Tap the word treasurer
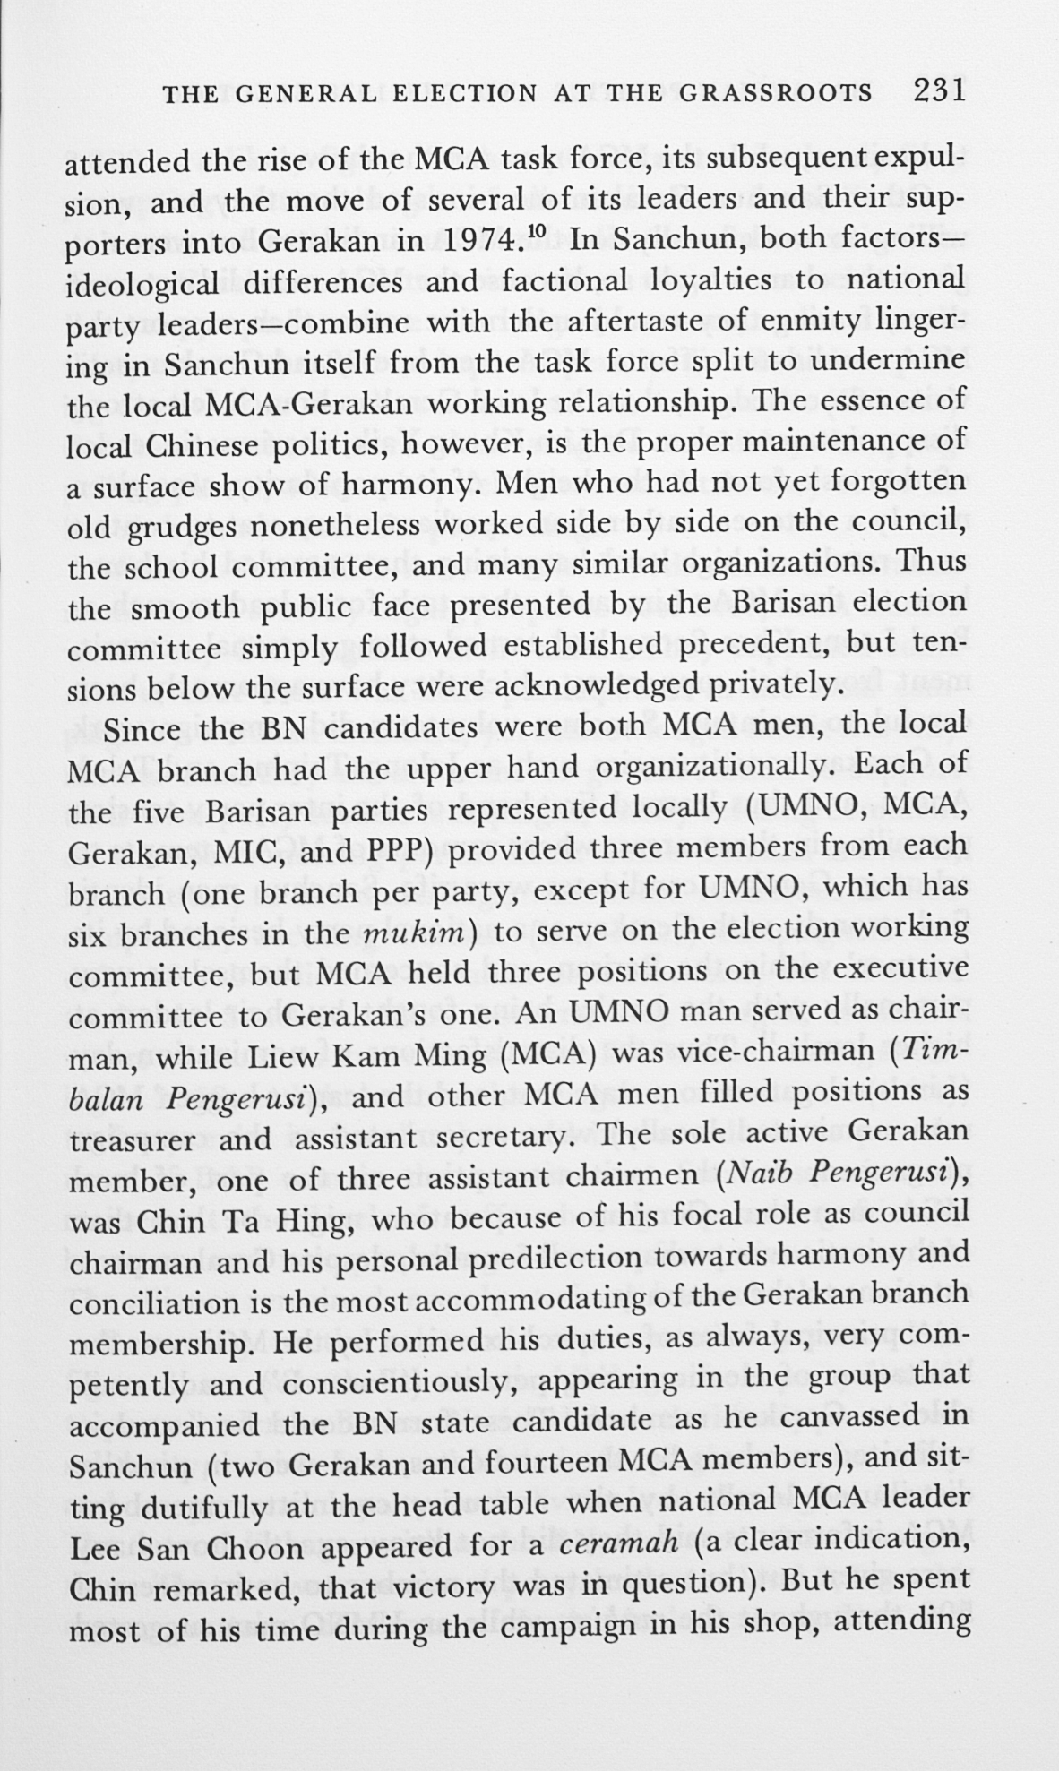[132, 1139]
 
